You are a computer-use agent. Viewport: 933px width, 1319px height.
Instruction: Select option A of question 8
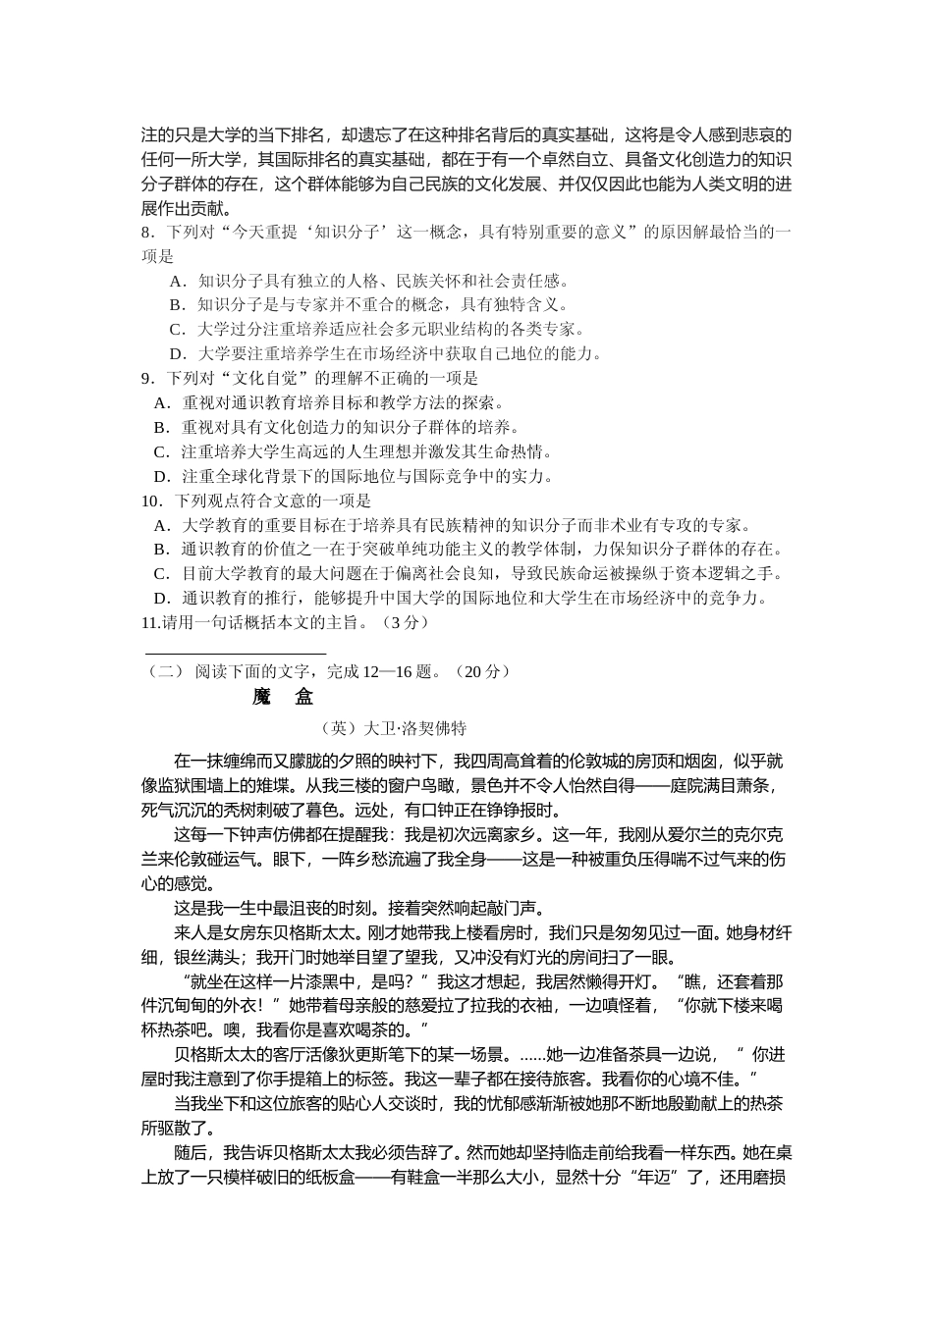(x=176, y=281)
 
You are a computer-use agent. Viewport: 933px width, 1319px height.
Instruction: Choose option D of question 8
(x=177, y=354)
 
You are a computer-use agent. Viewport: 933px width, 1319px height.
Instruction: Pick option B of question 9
(x=161, y=428)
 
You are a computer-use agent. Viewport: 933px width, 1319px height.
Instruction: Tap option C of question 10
(x=161, y=574)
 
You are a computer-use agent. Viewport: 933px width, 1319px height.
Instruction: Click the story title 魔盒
(x=282, y=697)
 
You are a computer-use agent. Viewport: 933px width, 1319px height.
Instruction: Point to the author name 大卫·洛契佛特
(x=414, y=729)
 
